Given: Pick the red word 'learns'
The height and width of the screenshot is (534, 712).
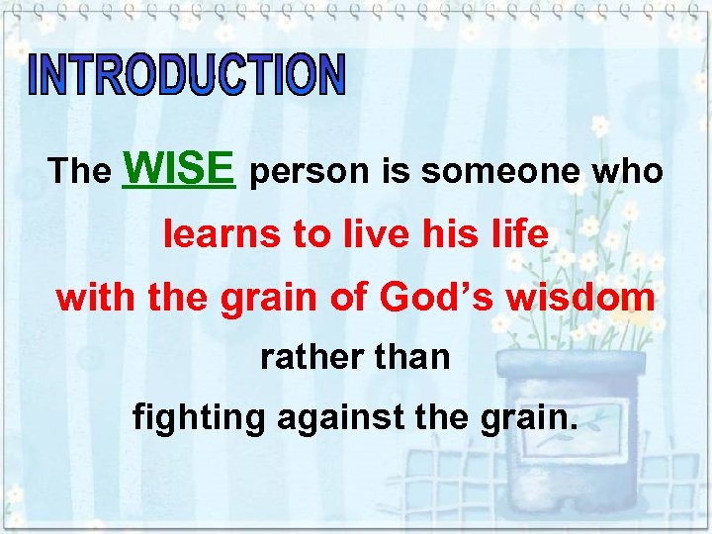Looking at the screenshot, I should click(219, 234).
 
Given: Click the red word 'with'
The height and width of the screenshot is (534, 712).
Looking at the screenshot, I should click(97, 297).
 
